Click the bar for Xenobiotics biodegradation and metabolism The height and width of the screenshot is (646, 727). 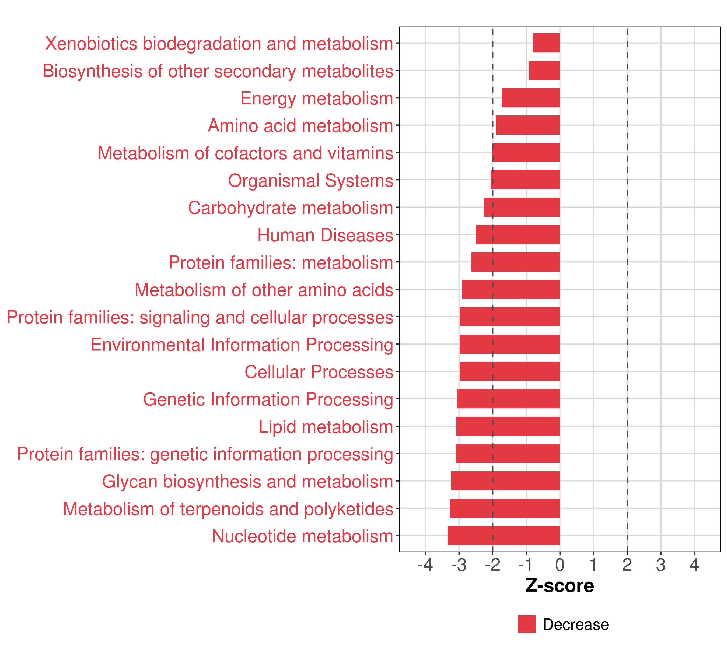tap(546, 43)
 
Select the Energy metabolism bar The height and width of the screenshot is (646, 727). tap(531, 98)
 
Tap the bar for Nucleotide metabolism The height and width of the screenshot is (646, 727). tap(504, 535)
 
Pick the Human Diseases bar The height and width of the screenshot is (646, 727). tap(518, 235)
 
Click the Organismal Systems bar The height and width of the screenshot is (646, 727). tap(525, 180)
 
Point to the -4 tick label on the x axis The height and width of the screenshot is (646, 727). tap(425, 565)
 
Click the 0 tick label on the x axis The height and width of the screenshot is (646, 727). tap(560, 565)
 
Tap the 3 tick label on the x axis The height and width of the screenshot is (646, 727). tap(661, 565)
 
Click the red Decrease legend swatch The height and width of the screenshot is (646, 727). tap(526, 624)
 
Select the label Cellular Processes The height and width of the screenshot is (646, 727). tap(319, 372)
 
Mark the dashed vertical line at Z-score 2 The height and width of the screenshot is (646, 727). tap(627, 285)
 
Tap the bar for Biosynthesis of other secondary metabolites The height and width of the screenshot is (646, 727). tap(544, 71)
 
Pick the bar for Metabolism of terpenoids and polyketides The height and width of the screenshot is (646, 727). tap(505, 508)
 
